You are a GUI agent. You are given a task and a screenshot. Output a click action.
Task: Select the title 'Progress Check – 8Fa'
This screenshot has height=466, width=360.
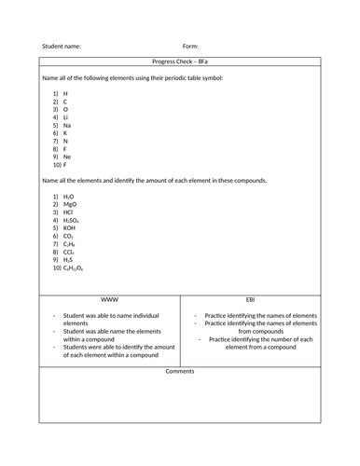(179, 61)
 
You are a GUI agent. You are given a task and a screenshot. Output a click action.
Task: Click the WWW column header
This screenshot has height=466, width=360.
(108, 300)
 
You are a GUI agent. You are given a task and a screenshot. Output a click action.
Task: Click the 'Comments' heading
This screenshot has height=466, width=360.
(179, 371)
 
